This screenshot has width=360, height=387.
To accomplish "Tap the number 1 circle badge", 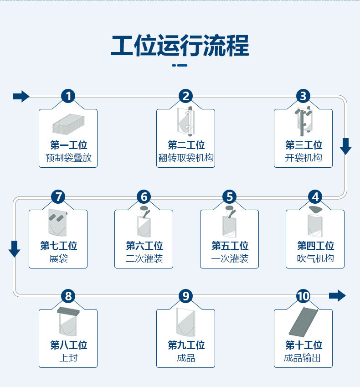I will (68, 96).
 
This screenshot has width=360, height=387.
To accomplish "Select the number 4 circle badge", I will (315, 197).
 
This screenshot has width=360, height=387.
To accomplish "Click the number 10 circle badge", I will (303, 296).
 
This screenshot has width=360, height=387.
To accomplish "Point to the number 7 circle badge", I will (58, 197).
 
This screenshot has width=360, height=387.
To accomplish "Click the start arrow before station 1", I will (21, 96).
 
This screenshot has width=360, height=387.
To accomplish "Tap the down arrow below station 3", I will (346, 146).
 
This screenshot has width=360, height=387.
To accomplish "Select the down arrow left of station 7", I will (15, 248).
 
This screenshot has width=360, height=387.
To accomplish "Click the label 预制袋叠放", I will (68, 159).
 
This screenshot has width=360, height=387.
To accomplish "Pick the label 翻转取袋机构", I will (185, 159).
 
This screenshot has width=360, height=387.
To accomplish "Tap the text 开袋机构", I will (303, 159).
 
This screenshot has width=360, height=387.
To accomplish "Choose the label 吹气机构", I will (315, 259).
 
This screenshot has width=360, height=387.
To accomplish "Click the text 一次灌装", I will (229, 259).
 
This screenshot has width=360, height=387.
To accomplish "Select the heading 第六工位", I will (144, 246).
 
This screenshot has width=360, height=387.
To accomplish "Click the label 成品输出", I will (303, 358).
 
